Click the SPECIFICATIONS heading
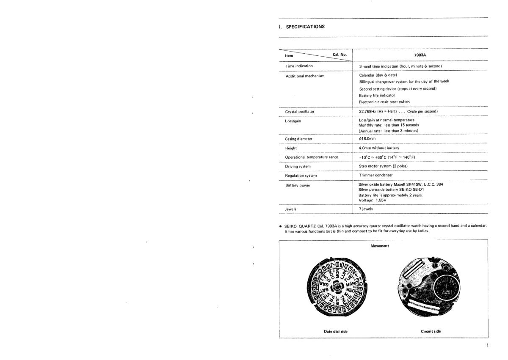(x=304, y=26)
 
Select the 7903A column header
(x=420, y=55)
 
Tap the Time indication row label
(x=299, y=66)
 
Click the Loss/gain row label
(x=293, y=121)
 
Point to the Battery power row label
(x=298, y=185)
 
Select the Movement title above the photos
(x=379, y=246)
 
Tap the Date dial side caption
(x=336, y=331)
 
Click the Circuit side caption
(x=431, y=331)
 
